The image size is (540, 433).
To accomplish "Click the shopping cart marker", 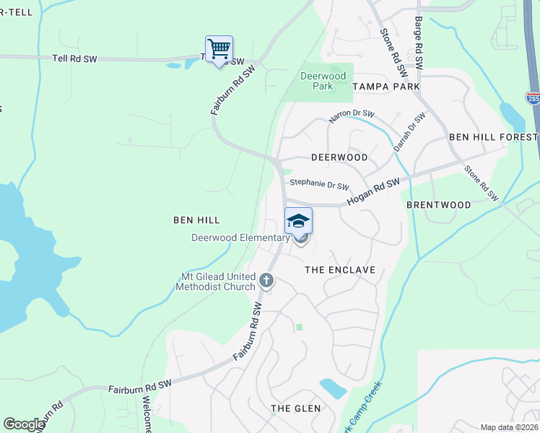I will pyautogui.click(x=219, y=50).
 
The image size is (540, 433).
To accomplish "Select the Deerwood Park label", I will pyautogui.click(x=323, y=81).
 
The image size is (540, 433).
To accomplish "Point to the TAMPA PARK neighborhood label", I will pyautogui.click(x=386, y=87).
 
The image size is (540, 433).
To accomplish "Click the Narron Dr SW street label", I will pyautogui.click(x=352, y=115).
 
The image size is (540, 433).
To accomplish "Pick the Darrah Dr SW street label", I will pyautogui.click(x=405, y=131).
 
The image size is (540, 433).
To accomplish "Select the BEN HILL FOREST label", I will pyautogui.click(x=493, y=137).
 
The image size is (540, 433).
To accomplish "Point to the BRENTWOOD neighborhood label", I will pyautogui.click(x=438, y=205).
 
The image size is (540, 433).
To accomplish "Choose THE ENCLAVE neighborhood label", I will pyautogui.click(x=340, y=270).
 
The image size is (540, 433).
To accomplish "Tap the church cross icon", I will pyautogui.click(x=266, y=280).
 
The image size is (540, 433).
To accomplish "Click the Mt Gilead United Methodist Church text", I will pyautogui.click(x=216, y=281).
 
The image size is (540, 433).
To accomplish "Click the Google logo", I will pyautogui.click(x=24, y=424).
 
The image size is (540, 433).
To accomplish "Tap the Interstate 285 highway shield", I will pyautogui.click(x=533, y=98).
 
